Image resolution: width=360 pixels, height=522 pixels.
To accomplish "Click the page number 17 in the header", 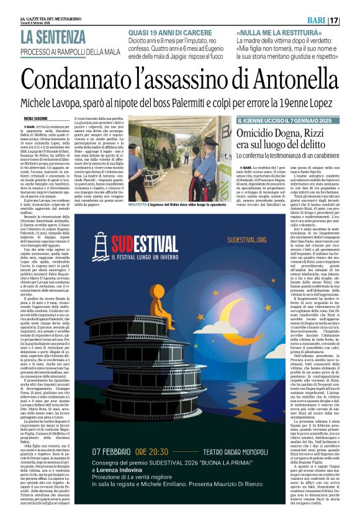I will click(351, 21).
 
